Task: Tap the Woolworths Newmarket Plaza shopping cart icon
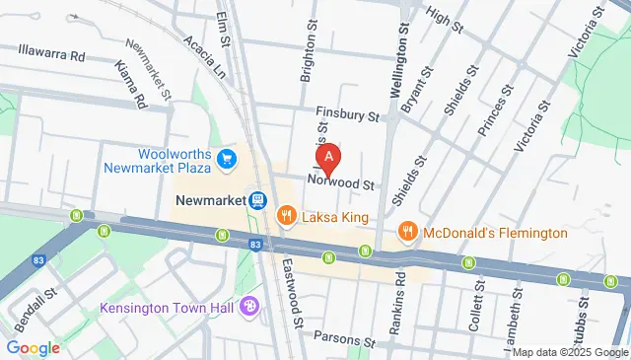pyautogui.click(x=227, y=158)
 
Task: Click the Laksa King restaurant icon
pyautogui.click(x=287, y=214)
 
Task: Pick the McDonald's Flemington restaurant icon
pyautogui.click(x=407, y=232)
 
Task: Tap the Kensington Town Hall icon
pyautogui.click(x=250, y=308)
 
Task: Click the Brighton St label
pyautogui.click(x=307, y=54)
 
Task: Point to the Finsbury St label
pyautogui.click(x=347, y=115)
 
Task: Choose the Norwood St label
pyautogui.click(x=342, y=184)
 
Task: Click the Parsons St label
pyautogui.click(x=345, y=337)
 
